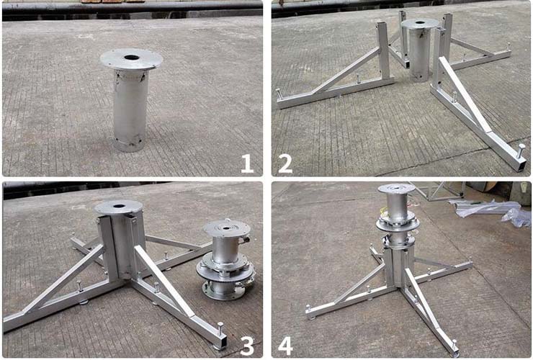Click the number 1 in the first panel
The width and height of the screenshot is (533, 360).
248,163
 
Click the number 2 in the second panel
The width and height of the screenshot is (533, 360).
285,163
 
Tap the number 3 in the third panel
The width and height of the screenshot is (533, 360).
247,346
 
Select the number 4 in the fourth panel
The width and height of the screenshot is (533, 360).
285,346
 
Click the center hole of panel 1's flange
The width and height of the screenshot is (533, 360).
132,58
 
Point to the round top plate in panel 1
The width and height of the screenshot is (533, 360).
131,60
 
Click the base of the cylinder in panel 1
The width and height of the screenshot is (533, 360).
129,145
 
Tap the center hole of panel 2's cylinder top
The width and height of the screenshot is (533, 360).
420,23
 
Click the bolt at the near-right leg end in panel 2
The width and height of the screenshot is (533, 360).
521,150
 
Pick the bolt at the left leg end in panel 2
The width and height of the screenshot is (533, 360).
279,94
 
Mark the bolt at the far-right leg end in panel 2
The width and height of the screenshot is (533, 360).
509,46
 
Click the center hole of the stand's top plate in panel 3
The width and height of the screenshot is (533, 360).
119,206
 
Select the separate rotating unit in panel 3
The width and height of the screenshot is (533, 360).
225,260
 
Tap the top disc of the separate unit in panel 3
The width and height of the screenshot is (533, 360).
227,227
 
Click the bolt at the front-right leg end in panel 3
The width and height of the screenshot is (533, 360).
220,328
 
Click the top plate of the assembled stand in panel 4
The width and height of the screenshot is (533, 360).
396,189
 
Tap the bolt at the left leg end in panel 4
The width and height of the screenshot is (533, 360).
308,310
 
